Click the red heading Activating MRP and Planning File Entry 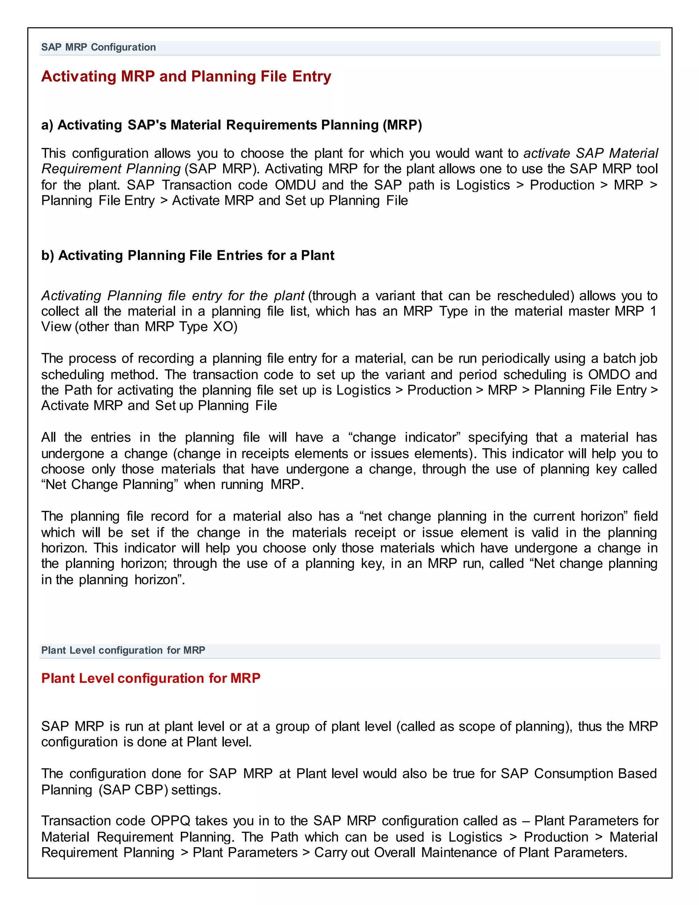[186, 76]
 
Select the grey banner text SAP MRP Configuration [99, 47]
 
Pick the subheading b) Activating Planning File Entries [188, 255]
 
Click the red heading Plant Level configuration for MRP [151, 678]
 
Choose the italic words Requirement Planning [111, 169]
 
